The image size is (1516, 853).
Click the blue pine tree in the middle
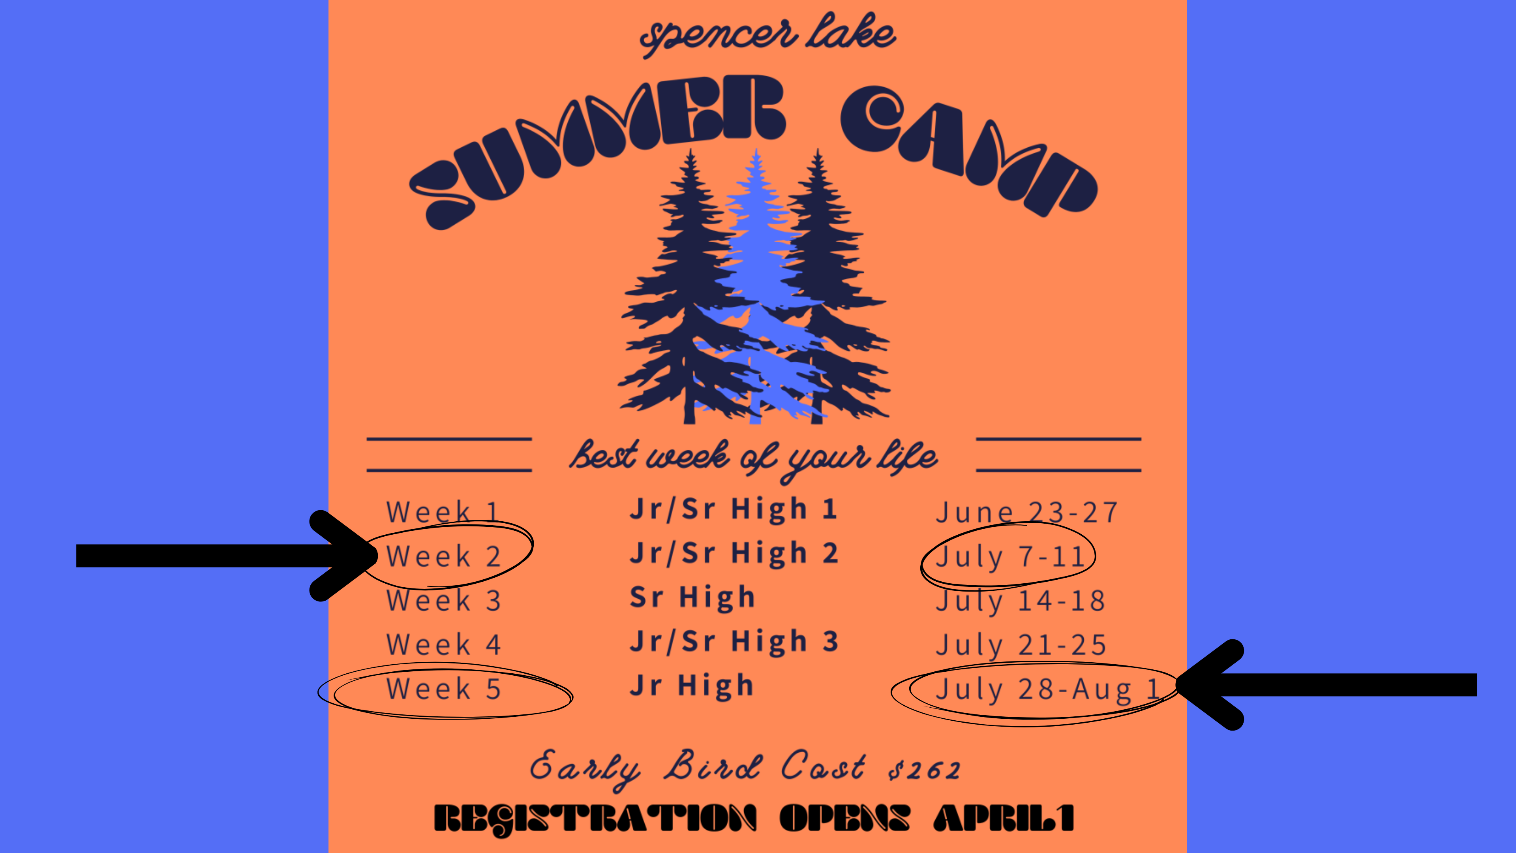pyautogui.click(x=759, y=283)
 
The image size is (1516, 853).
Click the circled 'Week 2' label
pyautogui.click(x=443, y=556)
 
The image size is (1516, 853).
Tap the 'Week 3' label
pyautogui.click(x=443, y=600)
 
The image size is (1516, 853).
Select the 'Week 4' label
pyautogui.click(x=443, y=644)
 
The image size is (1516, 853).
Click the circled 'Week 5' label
pyautogui.click(x=443, y=689)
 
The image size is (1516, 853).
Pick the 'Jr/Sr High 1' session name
pyautogui.click(x=733, y=509)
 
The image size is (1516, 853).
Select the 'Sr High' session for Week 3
pyautogui.click(x=692, y=597)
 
